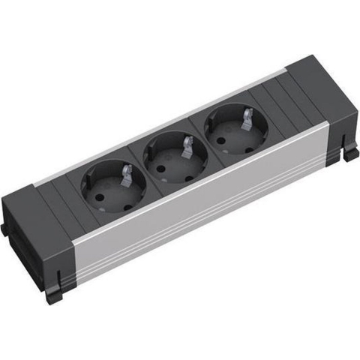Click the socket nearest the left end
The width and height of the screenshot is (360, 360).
coord(112,187)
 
